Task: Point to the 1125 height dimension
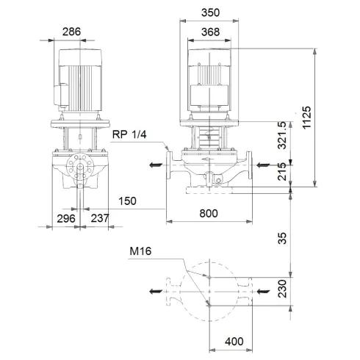pos(306,118)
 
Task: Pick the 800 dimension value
pos(212,214)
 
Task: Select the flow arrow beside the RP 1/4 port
pos(154,165)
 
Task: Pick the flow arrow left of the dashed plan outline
pos(154,292)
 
